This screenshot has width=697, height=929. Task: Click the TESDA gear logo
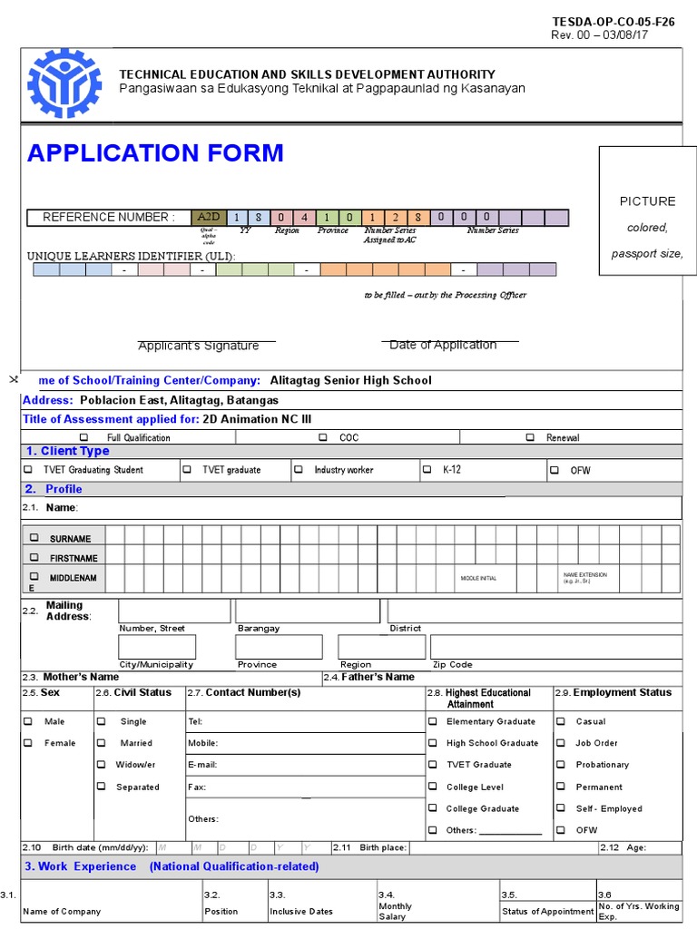[64, 83]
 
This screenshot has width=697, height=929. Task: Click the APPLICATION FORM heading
[155, 153]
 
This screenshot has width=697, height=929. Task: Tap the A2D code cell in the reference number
[208, 217]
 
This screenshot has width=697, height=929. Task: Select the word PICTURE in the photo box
[647, 201]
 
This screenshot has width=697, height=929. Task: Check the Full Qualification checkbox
[83, 437]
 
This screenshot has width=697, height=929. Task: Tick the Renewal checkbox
[530, 437]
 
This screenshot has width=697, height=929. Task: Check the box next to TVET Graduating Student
[28, 470]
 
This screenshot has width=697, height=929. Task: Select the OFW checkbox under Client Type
[554, 471]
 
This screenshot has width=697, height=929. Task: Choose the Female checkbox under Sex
[28, 743]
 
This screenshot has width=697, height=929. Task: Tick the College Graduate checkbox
[433, 808]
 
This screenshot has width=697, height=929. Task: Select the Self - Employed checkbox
[561, 808]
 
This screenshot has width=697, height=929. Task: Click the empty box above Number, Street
[174, 611]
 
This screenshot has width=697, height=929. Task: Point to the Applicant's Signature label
[198, 346]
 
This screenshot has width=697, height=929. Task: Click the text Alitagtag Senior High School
[350, 380]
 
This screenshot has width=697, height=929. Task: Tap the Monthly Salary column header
[395, 911]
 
